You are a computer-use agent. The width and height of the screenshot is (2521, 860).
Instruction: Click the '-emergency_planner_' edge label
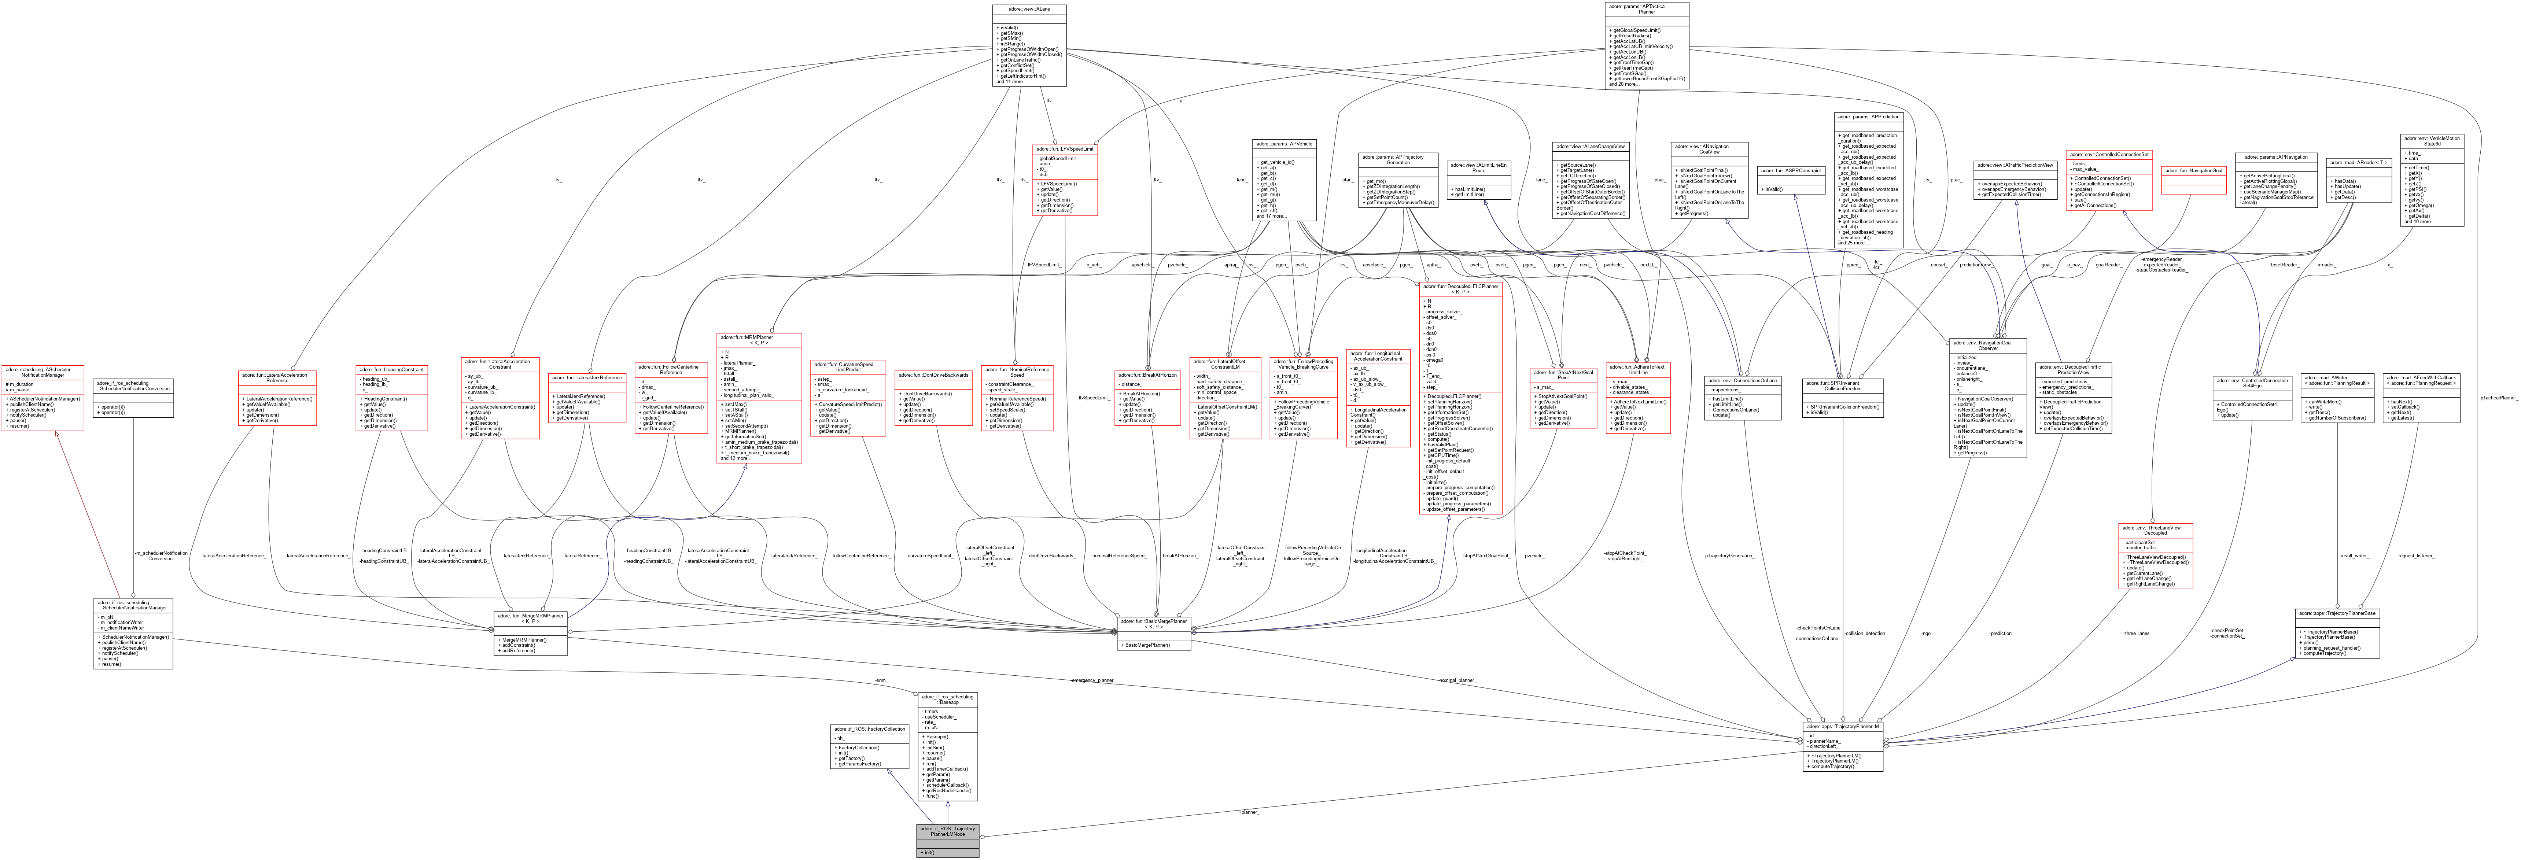click(1092, 679)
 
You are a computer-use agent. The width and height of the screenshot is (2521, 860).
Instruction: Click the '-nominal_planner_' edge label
click(1456, 679)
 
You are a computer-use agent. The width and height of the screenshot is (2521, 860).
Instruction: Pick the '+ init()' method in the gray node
click(928, 852)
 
